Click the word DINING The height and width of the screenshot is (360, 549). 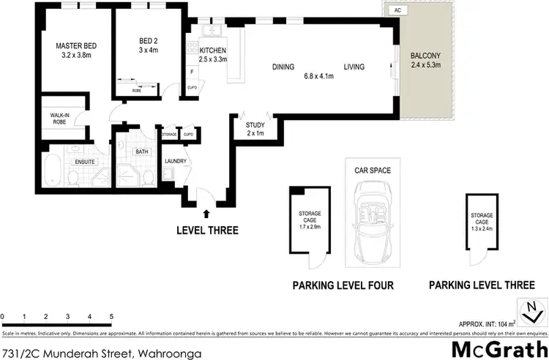pyautogui.click(x=283, y=67)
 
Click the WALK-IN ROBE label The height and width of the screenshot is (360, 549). pyautogui.click(x=59, y=119)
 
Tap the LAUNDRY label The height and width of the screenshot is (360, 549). pyautogui.click(x=176, y=161)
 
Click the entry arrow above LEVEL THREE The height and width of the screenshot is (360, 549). pyautogui.click(x=206, y=214)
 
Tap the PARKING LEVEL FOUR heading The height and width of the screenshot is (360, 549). pyautogui.click(x=344, y=285)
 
